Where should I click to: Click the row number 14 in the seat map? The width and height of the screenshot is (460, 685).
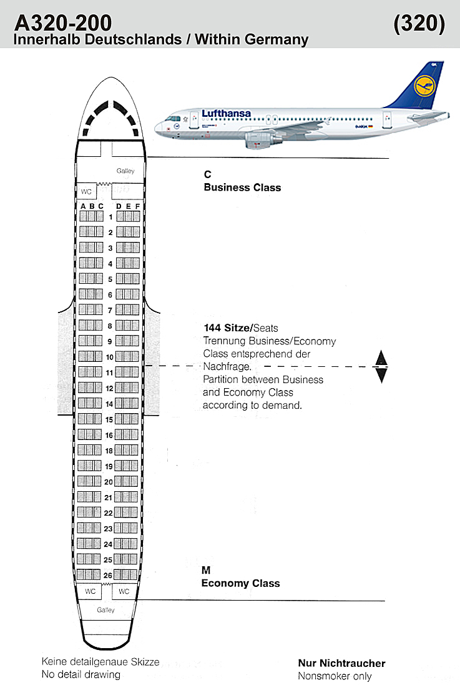pyautogui.click(x=109, y=404)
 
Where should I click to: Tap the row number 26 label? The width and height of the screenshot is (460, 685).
pyautogui.click(x=108, y=576)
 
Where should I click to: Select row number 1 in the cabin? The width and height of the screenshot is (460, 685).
pyautogui.click(x=111, y=217)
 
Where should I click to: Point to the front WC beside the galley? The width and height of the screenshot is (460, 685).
pyautogui.click(x=86, y=191)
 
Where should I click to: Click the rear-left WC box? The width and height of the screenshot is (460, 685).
pyautogui.click(x=90, y=591)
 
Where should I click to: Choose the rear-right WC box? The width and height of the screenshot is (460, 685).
pyautogui.click(x=124, y=591)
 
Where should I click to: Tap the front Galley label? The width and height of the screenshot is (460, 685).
pyautogui.click(x=125, y=171)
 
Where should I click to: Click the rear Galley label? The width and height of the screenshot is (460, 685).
pyautogui.click(x=105, y=610)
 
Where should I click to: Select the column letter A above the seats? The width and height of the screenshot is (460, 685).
pyautogui.click(x=84, y=206)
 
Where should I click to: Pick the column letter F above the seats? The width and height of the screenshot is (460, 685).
pyautogui.click(x=137, y=206)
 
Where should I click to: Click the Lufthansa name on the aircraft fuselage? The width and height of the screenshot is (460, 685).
pyautogui.click(x=226, y=114)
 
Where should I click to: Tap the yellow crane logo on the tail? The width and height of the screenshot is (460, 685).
pyautogui.click(x=424, y=86)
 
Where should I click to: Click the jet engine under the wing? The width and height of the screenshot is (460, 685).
pyautogui.click(x=263, y=139)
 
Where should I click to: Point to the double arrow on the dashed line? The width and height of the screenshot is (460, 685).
pyautogui.click(x=381, y=366)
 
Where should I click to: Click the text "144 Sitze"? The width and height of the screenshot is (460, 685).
pyautogui.click(x=227, y=328)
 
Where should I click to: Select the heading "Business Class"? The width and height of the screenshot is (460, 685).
pyautogui.click(x=242, y=187)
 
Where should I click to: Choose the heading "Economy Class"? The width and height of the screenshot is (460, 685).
pyautogui.click(x=240, y=583)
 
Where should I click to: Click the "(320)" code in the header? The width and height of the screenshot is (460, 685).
pyautogui.click(x=419, y=23)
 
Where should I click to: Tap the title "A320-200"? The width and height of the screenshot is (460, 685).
pyautogui.click(x=63, y=22)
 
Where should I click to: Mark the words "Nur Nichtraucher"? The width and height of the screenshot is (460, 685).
pyautogui.click(x=342, y=663)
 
